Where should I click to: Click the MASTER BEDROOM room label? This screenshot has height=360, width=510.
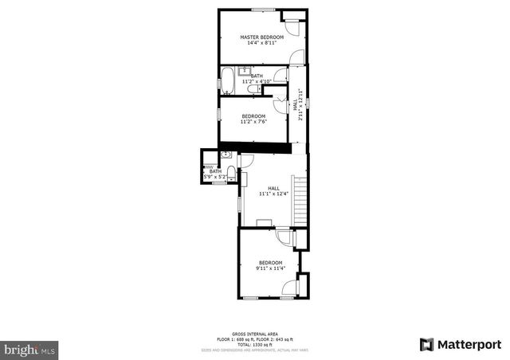click(x=262, y=37)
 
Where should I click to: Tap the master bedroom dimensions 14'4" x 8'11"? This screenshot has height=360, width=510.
click(x=262, y=43)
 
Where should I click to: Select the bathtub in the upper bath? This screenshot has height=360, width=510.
click(x=226, y=80)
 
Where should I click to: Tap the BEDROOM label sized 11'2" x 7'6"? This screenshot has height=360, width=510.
click(x=254, y=115)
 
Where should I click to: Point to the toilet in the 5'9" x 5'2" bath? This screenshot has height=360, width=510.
click(x=230, y=173)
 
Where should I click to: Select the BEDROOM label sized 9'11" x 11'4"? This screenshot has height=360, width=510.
click(x=270, y=262)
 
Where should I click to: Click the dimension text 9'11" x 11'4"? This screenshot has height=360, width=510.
click(x=270, y=268)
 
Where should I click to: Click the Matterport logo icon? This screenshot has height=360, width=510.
click(x=427, y=344)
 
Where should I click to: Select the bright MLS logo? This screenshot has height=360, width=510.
click(x=30, y=349)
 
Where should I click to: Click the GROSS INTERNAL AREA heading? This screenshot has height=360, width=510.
click(x=254, y=335)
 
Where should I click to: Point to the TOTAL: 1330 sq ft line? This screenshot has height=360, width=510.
click(x=254, y=344)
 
